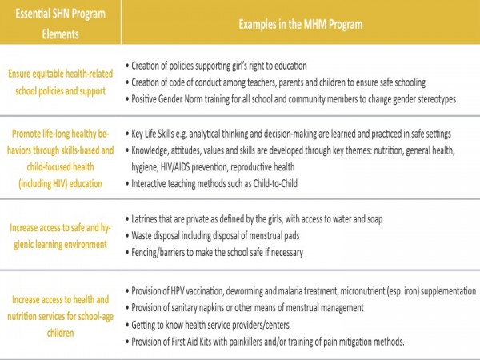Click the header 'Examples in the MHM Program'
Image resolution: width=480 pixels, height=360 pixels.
[x=301, y=24]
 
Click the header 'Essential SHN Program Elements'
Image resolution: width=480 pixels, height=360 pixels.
[x=61, y=24]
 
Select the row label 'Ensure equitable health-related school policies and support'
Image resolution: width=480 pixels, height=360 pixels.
[x=61, y=82]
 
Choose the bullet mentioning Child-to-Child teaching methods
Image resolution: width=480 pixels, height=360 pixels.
[x=232, y=186]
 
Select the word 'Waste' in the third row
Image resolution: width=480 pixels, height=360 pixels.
[x=145, y=236]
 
